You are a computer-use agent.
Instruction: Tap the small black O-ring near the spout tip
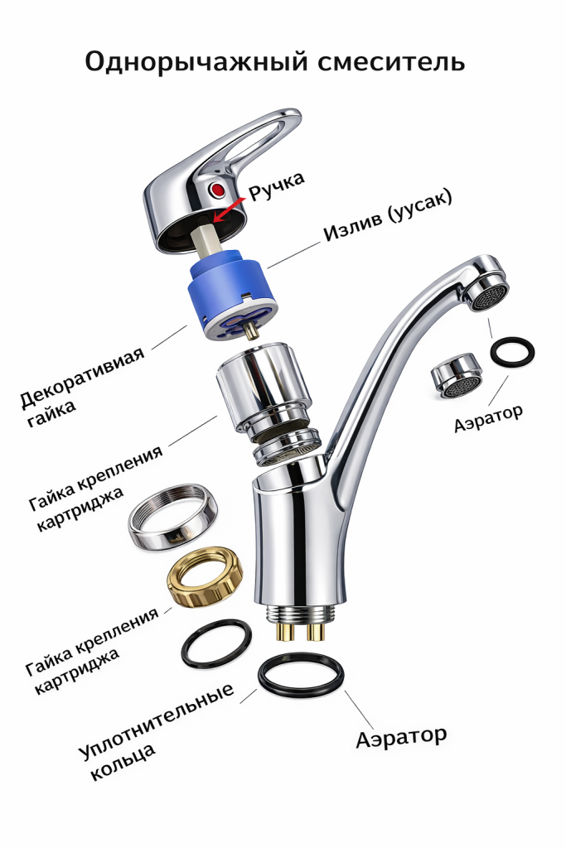tap(511, 351)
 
